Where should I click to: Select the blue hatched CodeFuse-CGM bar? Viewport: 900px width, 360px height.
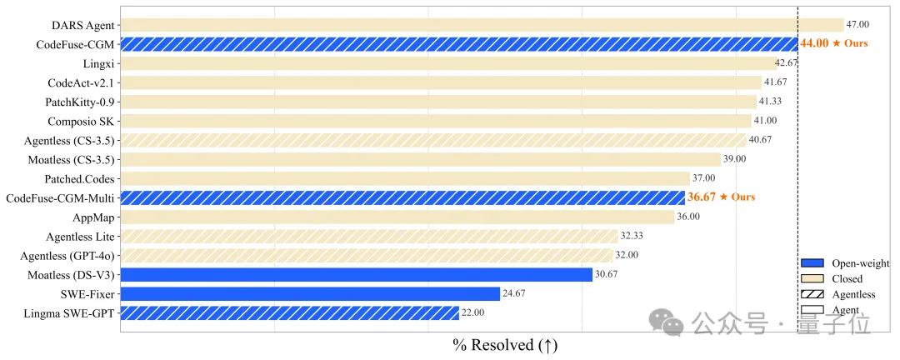(x=458, y=44)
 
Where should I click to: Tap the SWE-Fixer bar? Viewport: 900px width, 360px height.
(x=310, y=293)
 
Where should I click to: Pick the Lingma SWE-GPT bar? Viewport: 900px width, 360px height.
(x=289, y=312)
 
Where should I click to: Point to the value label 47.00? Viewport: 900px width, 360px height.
(x=857, y=25)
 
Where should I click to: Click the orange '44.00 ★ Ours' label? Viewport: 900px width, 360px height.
(x=833, y=44)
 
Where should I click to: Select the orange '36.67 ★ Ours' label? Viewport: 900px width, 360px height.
(x=721, y=197)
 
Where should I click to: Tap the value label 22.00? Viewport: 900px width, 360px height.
(x=472, y=312)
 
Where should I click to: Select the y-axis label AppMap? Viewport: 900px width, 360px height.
(x=93, y=217)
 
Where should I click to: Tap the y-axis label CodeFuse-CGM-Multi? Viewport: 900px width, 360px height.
(x=60, y=197)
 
